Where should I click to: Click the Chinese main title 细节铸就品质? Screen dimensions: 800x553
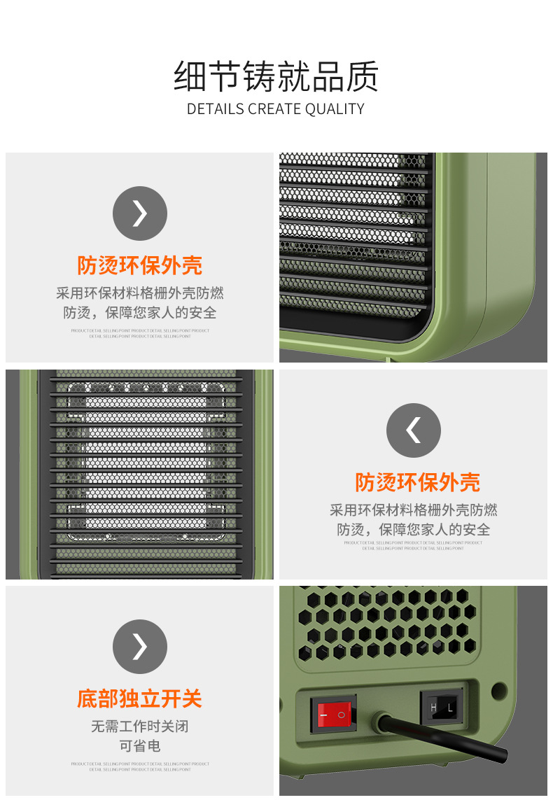point(276,77)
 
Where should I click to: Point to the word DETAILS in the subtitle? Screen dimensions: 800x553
point(215,109)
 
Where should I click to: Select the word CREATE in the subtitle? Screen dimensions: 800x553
point(274,109)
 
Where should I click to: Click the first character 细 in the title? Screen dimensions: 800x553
point(190,77)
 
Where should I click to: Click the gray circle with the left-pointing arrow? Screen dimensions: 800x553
point(414,430)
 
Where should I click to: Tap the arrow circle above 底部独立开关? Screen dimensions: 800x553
point(140,647)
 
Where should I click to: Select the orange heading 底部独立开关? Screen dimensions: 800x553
point(140,699)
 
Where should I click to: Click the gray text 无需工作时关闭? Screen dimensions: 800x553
point(140,727)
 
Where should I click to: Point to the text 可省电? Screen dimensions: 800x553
point(140,746)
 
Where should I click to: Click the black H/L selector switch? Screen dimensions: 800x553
point(442,708)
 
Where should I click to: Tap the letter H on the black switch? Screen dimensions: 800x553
point(433,708)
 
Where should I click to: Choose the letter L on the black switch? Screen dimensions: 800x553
point(450,708)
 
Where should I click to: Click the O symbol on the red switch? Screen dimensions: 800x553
point(342,715)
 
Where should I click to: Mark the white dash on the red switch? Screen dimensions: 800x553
point(324,715)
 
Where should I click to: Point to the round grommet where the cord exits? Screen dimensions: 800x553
point(382,721)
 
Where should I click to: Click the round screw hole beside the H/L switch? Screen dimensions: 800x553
point(498,691)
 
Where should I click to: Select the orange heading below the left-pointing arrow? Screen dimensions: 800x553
point(417,482)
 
